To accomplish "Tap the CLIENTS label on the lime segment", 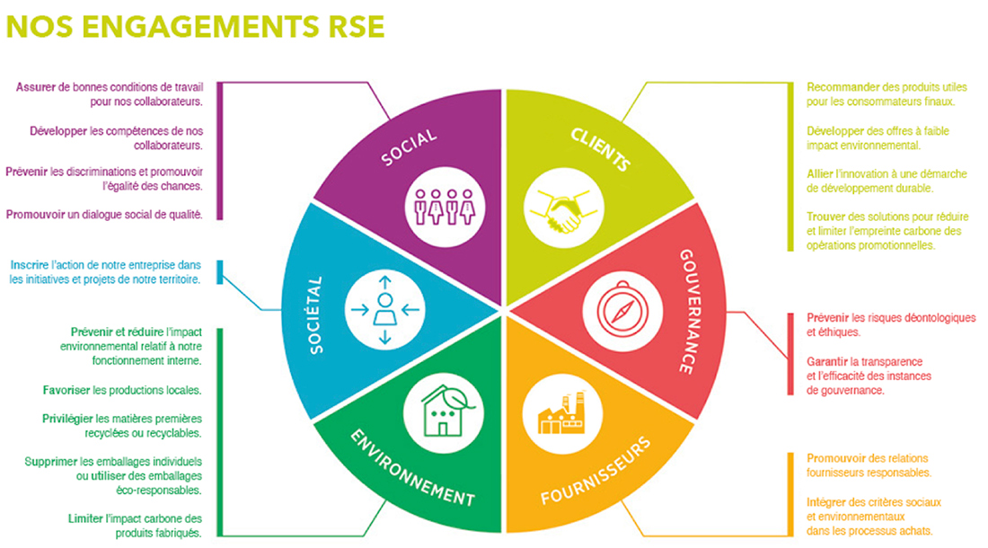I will coord(600,148).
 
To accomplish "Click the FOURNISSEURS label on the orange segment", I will coord(595,472).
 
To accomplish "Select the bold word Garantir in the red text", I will coord(829,361).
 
